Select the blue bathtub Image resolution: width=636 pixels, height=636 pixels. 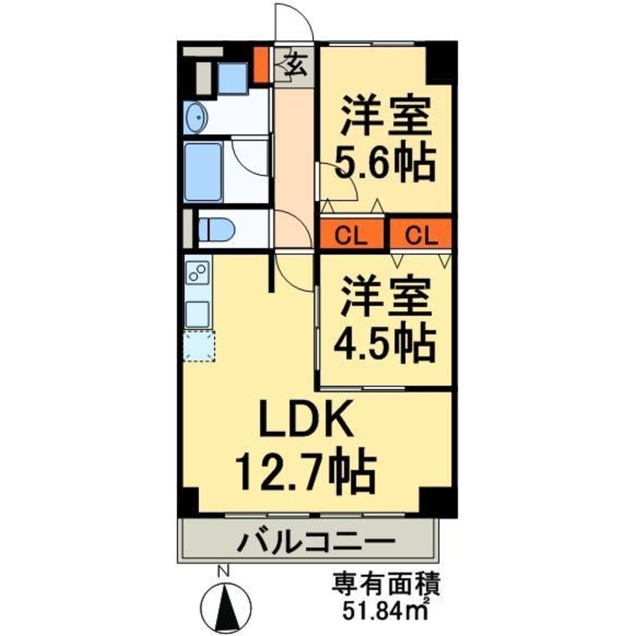(203, 172)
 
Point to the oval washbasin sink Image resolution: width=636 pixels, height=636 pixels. (197, 118)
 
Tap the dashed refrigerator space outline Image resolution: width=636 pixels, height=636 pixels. (199, 347)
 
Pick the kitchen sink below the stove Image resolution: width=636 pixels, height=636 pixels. (198, 312)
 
